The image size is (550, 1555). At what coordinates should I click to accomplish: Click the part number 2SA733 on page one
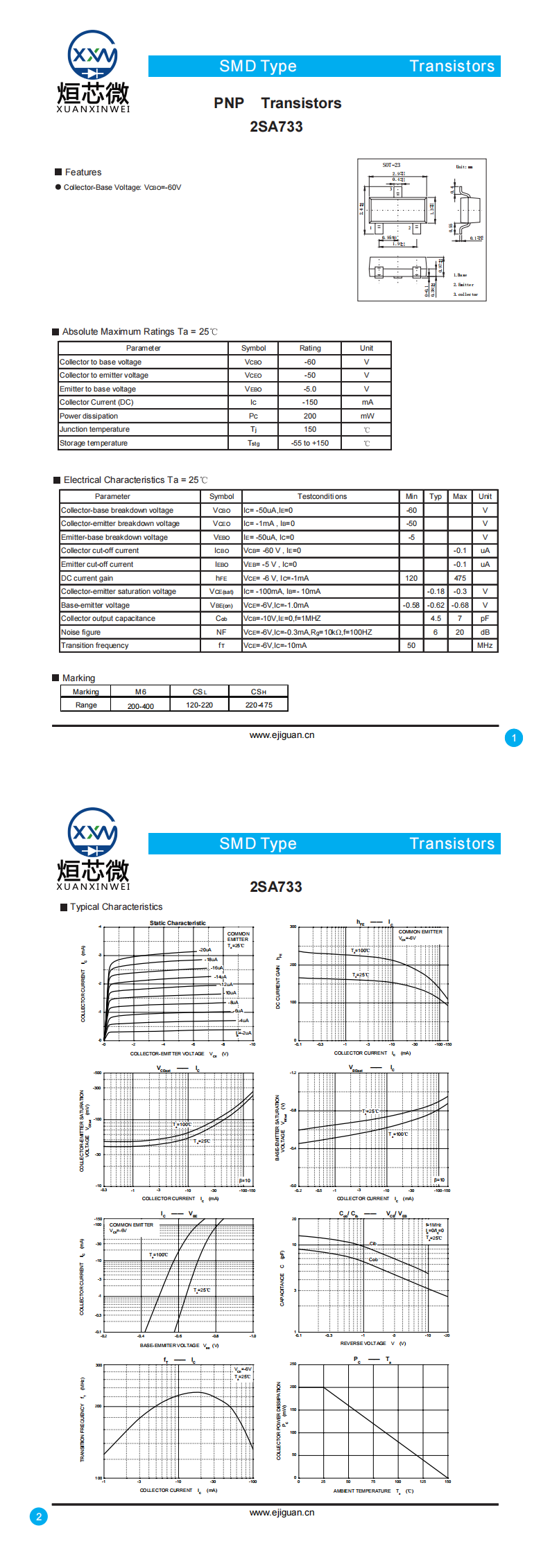[276, 127]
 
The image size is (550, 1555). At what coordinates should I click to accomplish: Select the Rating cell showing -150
[309, 403]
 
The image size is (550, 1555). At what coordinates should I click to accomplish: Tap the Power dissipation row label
[89, 416]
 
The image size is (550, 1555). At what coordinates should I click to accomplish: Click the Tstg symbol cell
[253, 443]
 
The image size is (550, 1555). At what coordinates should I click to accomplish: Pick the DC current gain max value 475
[460, 578]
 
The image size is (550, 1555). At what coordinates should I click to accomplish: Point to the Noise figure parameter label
[80, 632]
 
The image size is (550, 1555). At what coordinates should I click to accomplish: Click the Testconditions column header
[322, 497]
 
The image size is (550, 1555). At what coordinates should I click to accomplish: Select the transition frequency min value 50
[411, 646]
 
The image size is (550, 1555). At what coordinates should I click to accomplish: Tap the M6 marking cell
[141, 692]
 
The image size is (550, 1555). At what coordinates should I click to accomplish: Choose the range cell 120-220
[200, 705]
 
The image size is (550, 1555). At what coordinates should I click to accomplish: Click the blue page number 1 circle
[514, 738]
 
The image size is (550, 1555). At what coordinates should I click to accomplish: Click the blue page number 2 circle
[39, 1517]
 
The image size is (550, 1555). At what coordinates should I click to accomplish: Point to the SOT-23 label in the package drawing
[391, 166]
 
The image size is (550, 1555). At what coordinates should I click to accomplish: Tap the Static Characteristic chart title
[178, 923]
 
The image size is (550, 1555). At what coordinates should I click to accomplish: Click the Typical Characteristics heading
[116, 907]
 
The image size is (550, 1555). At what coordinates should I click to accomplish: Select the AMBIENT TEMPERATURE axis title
[362, 1491]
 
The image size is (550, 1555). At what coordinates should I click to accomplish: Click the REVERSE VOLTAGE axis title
[363, 1344]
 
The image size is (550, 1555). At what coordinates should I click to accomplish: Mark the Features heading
[83, 173]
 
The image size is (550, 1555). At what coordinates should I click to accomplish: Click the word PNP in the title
[229, 103]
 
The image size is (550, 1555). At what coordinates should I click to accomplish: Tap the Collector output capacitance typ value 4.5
[436, 619]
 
